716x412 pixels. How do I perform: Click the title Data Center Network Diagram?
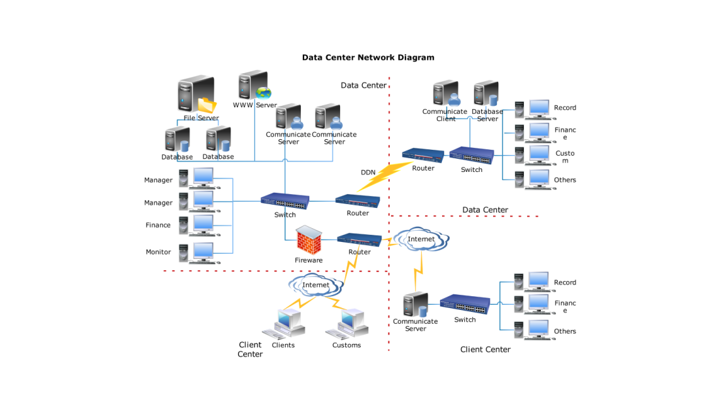pyautogui.click(x=367, y=58)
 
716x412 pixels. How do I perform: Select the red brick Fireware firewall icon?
pyautogui.click(x=308, y=240)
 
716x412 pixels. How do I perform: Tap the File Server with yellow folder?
pyautogui.click(x=197, y=95)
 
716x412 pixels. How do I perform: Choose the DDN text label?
pyautogui.click(x=368, y=173)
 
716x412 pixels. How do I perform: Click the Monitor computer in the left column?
pyautogui.click(x=200, y=252)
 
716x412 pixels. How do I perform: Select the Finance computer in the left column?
pyautogui.click(x=200, y=225)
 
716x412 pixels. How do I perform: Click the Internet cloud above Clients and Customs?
pyautogui.click(x=316, y=285)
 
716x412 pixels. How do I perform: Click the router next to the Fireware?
pyautogui.click(x=359, y=239)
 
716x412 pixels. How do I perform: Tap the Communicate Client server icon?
pyautogui.click(x=446, y=94)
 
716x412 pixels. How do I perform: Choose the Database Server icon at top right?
pyautogui.click(x=486, y=94)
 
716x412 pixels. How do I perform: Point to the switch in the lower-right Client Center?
pyautogui.click(x=464, y=303)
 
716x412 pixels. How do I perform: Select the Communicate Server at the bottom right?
pyautogui.click(x=415, y=305)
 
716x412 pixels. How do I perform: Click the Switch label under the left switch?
pyautogui.click(x=285, y=215)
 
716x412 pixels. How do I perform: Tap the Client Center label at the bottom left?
pyautogui.click(x=250, y=349)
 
